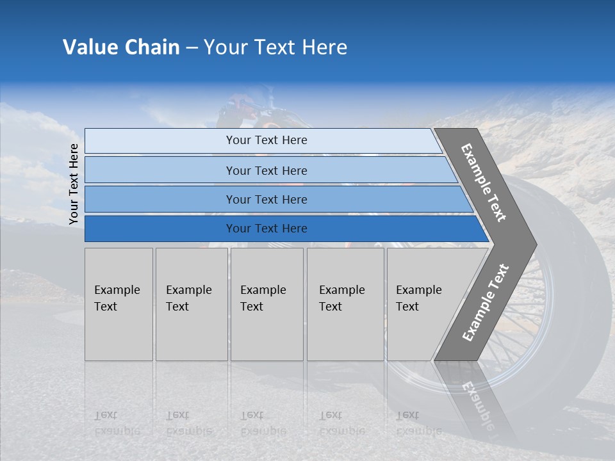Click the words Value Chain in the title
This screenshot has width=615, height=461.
[121, 47]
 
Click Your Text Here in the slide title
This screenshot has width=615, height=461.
[275, 47]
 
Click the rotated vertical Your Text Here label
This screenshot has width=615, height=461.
[74, 184]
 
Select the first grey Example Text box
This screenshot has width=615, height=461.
[119, 304]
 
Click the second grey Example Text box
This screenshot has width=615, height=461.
[191, 304]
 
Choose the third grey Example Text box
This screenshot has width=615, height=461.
[266, 304]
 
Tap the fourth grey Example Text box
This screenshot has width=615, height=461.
[345, 304]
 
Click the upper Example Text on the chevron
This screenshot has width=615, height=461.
[484, 182]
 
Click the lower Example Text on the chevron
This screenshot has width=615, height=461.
[485, 303]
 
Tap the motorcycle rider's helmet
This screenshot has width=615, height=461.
[247, 96]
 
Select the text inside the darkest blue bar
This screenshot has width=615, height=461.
[266, 229]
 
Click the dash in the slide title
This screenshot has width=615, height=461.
[192, 48]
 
